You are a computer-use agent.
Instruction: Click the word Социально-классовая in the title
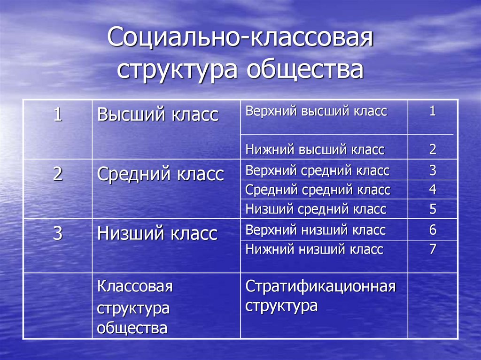pos(240,39)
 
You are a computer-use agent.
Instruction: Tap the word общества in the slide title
pos(305,69)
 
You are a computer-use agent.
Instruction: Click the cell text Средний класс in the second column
pos(160,175)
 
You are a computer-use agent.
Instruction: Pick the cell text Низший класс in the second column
pos(157,233)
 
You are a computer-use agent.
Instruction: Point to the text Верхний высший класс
pos(316,111)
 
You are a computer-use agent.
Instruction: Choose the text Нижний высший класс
pos(315,150)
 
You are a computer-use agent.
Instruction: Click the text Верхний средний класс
pos(318,170)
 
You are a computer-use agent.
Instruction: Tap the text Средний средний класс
pos(318,190)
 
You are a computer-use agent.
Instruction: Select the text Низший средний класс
pos(316,209)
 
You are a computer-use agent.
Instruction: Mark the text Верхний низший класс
pos(315,230)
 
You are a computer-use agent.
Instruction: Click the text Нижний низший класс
pos(314,249)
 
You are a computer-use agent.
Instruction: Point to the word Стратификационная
pos(320,287)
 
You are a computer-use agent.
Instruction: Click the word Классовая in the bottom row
pos(135,287)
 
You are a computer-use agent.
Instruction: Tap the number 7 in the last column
pos(433,249)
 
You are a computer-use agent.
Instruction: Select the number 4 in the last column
pos(433,190)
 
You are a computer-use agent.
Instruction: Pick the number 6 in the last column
pos(433,230)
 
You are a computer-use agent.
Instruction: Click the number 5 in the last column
pos(433,209)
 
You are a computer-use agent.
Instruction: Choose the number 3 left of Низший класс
pos(57,233)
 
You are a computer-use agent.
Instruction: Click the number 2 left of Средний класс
pos(57,175)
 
